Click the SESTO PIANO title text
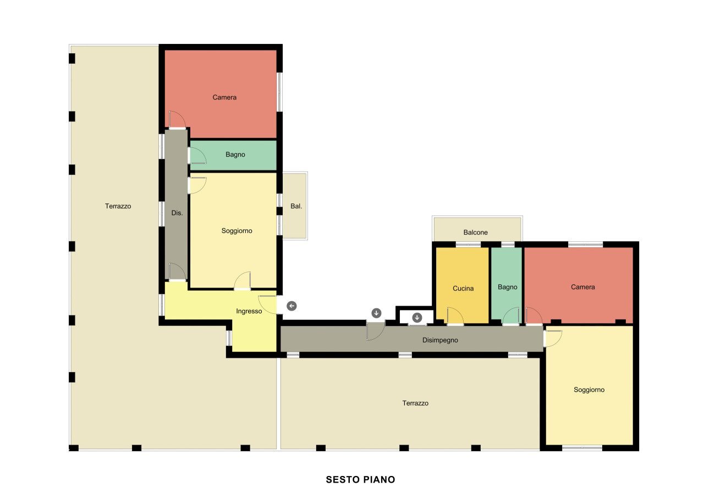coord(360,480)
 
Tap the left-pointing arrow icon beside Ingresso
coord(291,306)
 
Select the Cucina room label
coord(463,288)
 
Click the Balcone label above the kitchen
coord(476,233)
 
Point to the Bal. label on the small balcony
coord(296,206)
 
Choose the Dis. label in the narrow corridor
coord(177,213)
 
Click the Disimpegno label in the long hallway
coord(440,340)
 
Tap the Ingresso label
coord(249,311)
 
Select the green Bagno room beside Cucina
coord(507,285)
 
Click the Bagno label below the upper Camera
coord(235,154)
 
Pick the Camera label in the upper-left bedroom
coord(224,97)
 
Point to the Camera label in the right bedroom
coord(582,287)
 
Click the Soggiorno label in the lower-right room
coord(589,390)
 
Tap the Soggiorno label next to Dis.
coord(237,231)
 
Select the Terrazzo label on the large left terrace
coord(118,206)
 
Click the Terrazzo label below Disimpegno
coord(415,403)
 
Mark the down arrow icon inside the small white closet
coord(417,318)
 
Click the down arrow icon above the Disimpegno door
coord(377,313)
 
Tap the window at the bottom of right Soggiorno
coord(582,448)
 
